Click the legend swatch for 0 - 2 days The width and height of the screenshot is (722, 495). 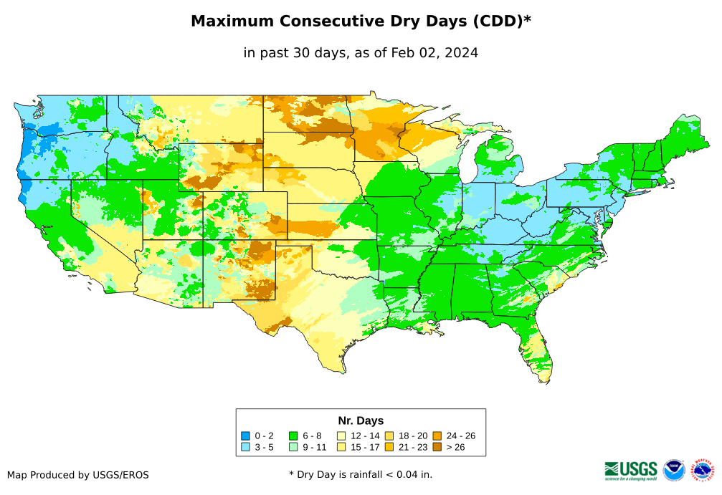point(246,436)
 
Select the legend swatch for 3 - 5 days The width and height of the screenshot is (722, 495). point(246,447)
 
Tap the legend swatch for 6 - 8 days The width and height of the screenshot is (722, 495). point(293,436)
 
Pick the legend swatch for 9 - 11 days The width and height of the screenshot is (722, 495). point(293,447)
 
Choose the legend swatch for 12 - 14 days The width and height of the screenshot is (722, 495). point(341,436)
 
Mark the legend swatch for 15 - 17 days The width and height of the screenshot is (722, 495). point(341,447)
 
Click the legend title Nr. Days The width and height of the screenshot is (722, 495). point(361,420)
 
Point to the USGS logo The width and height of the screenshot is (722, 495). point(631,470)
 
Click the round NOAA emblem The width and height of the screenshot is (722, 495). point(674,471)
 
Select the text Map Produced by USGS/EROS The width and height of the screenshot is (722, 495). point(78,475)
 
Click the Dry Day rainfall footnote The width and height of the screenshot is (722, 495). point(361,474)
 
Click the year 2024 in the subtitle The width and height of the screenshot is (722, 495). point(461,53)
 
